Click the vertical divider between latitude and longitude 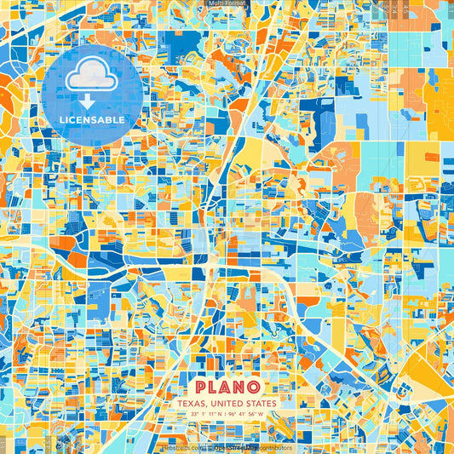226,414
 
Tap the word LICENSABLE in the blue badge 91,120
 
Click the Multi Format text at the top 227,3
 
